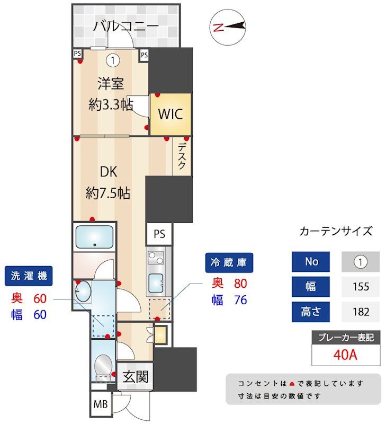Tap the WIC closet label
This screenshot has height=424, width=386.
tap(170, 114)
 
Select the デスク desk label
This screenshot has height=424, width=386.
tap(182, 157)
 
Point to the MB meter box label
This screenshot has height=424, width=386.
tap(100, 405)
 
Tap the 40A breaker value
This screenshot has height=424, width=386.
tap(346, 355)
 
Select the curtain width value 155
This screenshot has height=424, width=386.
tap(361, 287)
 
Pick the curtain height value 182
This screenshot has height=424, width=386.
tap(361, 311)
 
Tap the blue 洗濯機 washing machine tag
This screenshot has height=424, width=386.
tap(29, 276)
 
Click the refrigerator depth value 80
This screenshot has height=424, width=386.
tap(241, 284)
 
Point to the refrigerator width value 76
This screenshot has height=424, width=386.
tap(241, 300)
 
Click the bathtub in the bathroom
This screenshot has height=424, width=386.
tap(94, 237)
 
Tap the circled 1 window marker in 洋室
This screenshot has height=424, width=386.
tap(112, 60)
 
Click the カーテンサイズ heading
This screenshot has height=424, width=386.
tap(336, 231)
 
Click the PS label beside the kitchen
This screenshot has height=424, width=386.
tap(159, 234)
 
